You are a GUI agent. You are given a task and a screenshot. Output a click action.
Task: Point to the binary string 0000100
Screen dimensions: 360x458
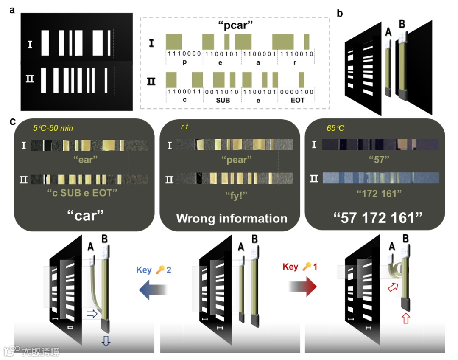click(x=296, y=92)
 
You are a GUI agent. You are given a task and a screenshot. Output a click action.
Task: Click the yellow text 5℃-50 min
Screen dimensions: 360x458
click(x=53, y=127)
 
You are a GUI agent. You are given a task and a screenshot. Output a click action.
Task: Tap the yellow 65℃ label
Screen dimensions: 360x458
click(x=335, y=127)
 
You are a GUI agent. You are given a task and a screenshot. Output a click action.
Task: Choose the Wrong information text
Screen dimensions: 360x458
click(x=232, y=218)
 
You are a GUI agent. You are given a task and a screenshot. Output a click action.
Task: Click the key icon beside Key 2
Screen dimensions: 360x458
click(x=160, y=270)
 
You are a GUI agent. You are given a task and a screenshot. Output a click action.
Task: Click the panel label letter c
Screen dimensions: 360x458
click(x=13, y=122)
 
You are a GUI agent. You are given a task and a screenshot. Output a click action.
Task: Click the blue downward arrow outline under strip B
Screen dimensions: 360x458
click(x=106, y=342)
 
